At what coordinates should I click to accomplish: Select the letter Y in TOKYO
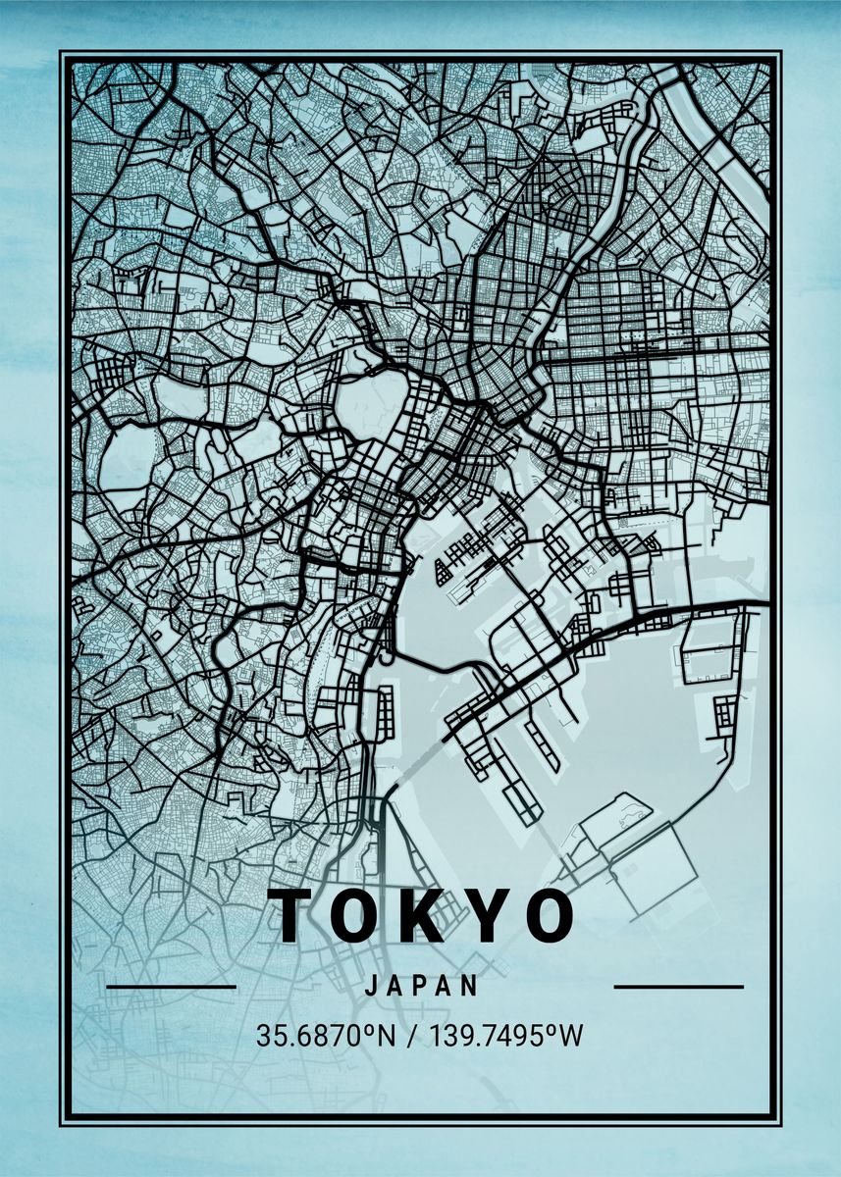(x=480, y=915)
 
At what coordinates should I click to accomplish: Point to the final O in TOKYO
(x=542, y=915)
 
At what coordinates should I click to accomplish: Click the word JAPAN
(x=421, y=986)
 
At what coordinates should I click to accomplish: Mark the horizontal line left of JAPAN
(x=171, y=987)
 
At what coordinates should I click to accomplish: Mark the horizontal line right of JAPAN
(x=678, y=987)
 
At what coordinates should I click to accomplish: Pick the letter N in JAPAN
(x=472, y=986)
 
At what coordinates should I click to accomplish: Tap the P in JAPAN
(x=420, y=986)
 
